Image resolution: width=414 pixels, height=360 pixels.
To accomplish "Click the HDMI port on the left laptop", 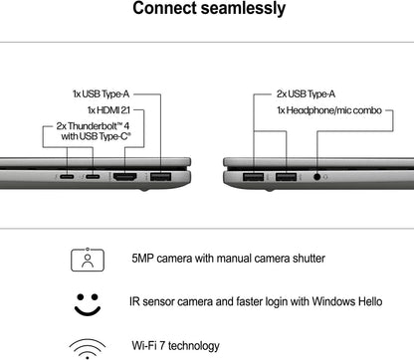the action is (x=153, y=178).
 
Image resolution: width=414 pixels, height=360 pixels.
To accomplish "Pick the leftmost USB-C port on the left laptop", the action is (x=94, y=178).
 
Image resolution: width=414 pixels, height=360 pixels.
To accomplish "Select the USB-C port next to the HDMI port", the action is (x=121, y=178).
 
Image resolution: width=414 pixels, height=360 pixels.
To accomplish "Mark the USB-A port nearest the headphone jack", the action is (x=288, y=178).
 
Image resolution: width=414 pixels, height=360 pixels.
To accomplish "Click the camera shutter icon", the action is (x=87, y=260).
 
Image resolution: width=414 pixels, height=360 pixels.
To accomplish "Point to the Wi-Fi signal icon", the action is (x=87, y=347).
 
